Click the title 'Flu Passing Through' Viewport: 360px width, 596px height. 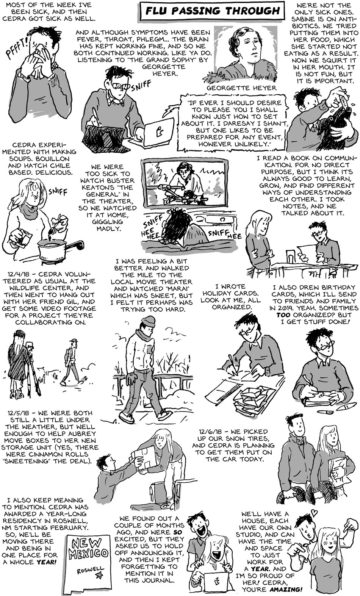point(213,11)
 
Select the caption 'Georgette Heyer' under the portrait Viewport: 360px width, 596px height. point(241,88)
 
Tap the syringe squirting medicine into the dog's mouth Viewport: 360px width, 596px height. point(344,102)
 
